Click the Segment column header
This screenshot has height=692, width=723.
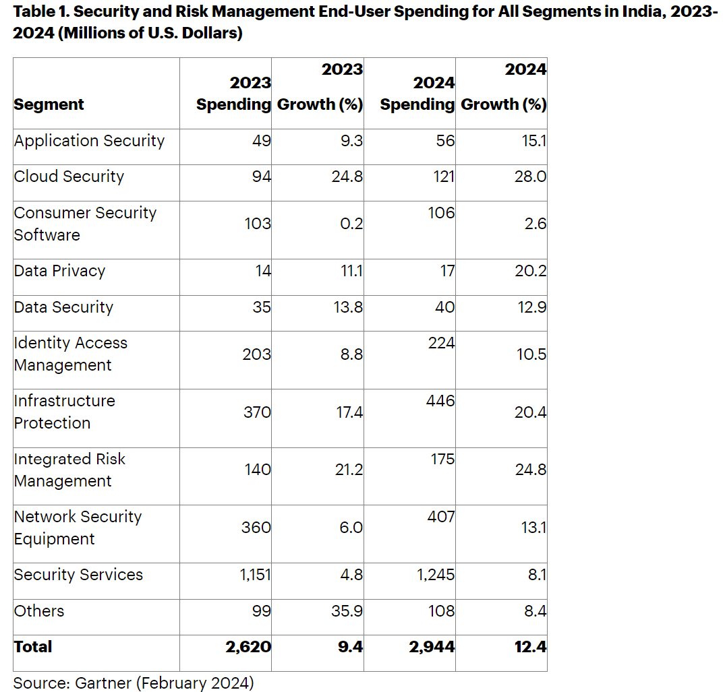tap(49, 104)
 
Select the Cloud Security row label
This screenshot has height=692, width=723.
tap(69, 177)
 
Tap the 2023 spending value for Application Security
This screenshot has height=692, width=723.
tap(262, 141)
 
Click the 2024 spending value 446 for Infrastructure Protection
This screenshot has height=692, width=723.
tap(441, 401)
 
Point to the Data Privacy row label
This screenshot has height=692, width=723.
tap(59, 271)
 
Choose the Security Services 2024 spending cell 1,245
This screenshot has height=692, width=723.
tap(432, 575)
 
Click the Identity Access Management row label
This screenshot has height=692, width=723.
tap(70, 354)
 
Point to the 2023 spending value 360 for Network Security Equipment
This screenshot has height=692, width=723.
tap(256, 528)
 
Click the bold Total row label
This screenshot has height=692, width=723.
tap(33, 647)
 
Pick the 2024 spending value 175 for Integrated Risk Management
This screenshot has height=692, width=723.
tap(442, 459)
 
